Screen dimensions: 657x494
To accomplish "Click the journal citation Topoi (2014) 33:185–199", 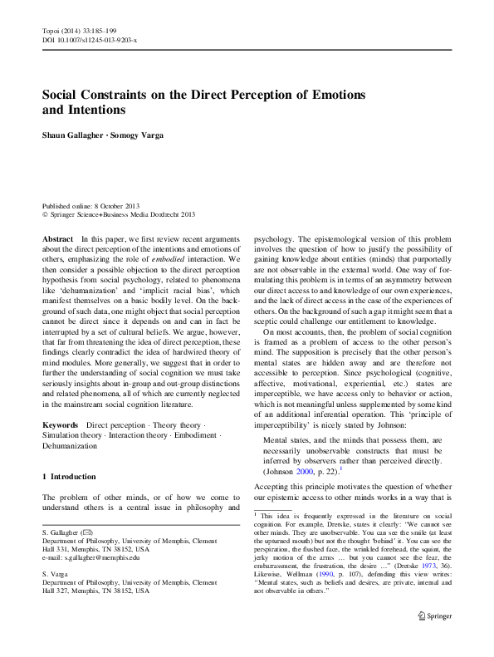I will tap(79, 30).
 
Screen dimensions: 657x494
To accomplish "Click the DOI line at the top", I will tap(90, 39).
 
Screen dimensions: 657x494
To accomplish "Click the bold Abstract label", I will tap(56, 238).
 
